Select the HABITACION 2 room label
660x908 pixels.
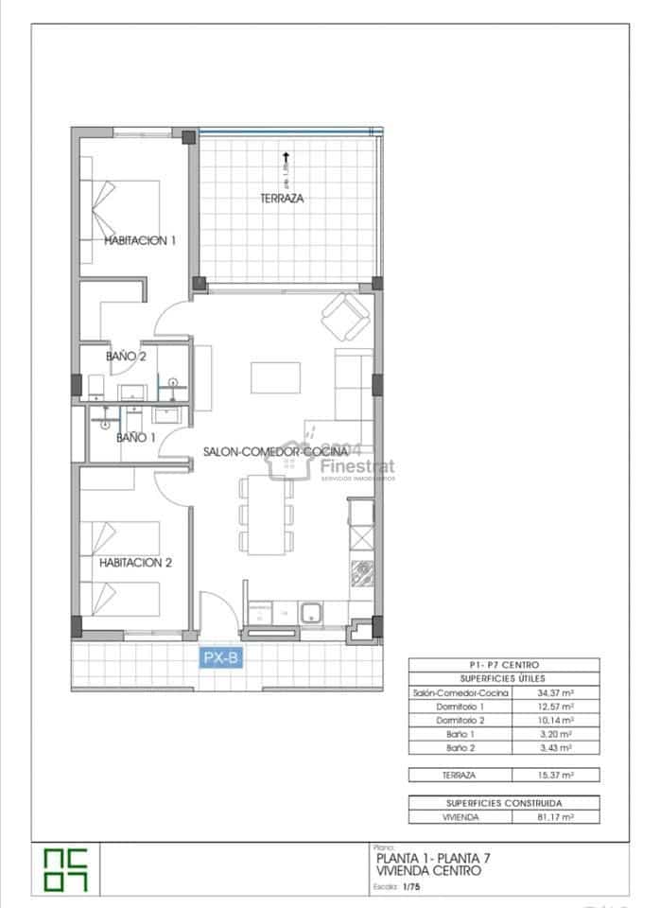pyautogui.click(x=135, y=562)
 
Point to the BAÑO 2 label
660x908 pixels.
pyautogui.click(x=126, y=357)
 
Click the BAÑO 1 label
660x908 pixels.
pyautogui.click(x=135, y=438)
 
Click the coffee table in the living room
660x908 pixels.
pyautogui.click(x=276, y=378)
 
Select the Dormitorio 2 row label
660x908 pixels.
pyautogui.click(x=460, y=720)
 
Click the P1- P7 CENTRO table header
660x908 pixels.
pyautogui.click(x=503, y=665)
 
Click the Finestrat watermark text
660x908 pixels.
pyautogui.click(x=357, y=465)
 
